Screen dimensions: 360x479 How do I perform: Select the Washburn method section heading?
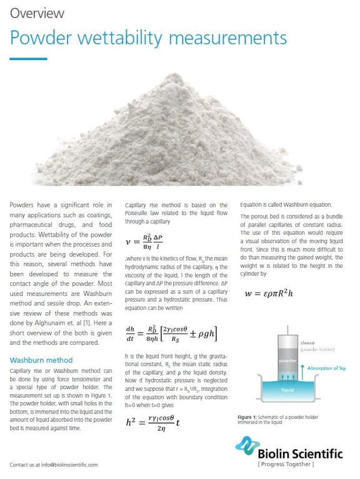click(x=41, y=360)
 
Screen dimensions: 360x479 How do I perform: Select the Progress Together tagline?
click(x=286, y=465)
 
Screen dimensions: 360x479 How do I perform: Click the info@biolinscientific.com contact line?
click(x=54, y=465)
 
